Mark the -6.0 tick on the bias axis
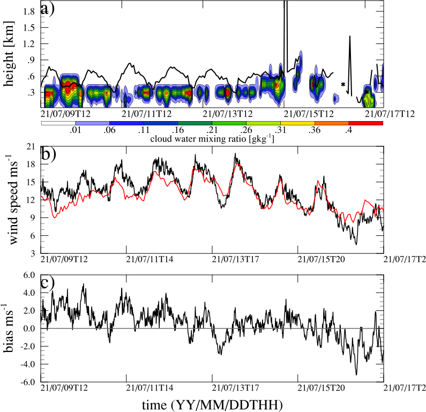26,382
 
